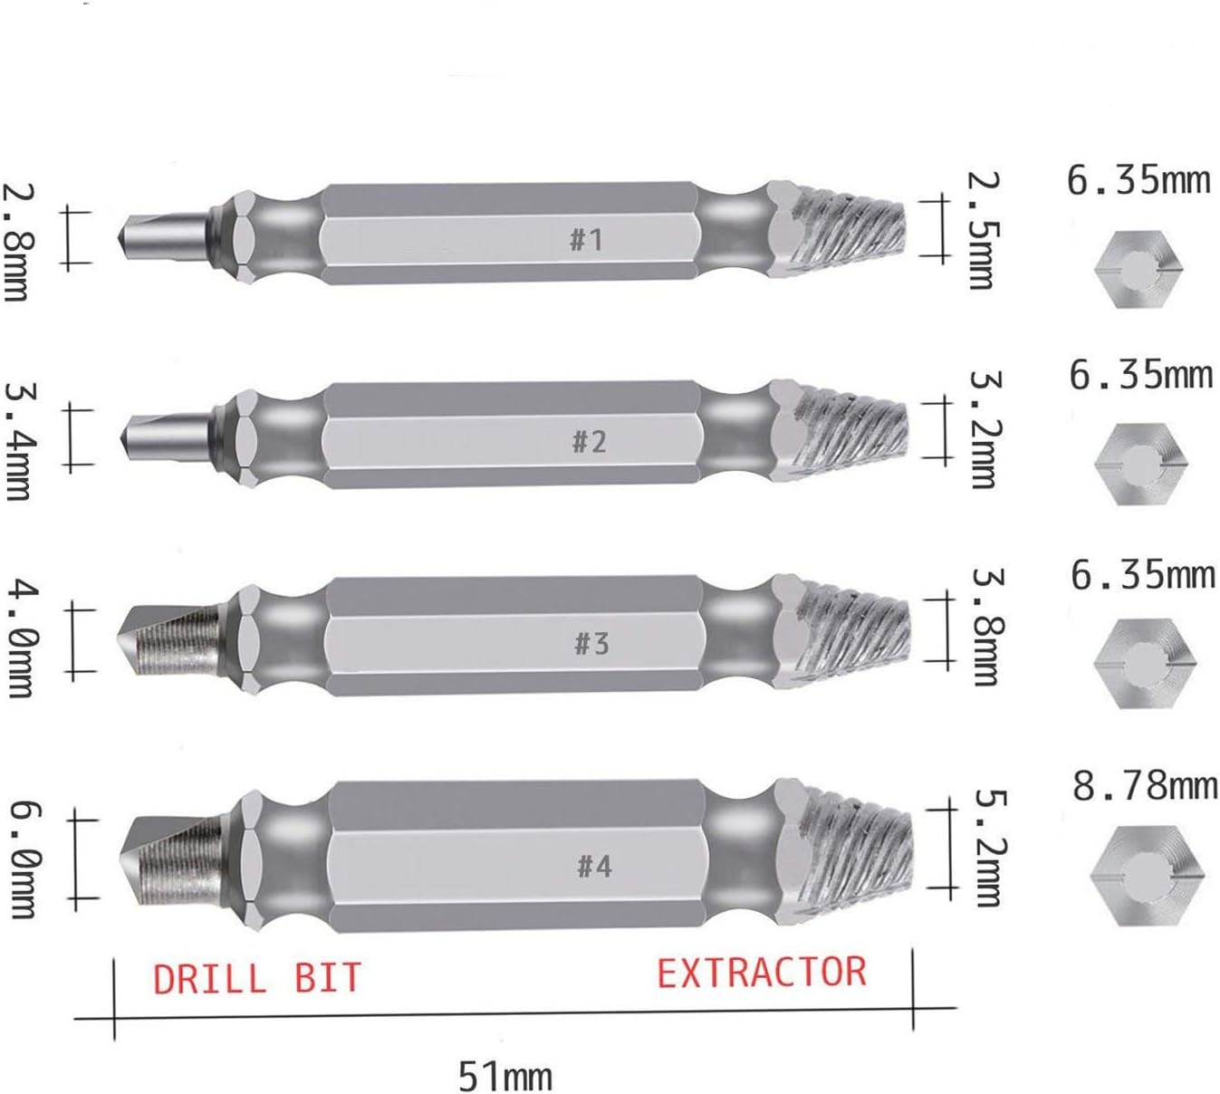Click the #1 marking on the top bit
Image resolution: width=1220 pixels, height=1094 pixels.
[586, 239]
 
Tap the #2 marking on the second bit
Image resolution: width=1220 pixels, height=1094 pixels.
[589, 441]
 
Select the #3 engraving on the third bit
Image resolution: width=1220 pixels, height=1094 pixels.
[591, 643]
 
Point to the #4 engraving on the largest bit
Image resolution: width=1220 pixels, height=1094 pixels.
[594, 866]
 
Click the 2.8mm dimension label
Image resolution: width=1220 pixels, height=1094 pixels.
[18, 242]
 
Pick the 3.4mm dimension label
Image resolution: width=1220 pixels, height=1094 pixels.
[19, 440]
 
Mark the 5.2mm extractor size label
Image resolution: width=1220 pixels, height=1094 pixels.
[988, 848]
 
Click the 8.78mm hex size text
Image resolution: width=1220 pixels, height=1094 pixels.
[1145, 784]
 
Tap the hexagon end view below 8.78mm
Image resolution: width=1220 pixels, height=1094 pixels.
[1147, 875]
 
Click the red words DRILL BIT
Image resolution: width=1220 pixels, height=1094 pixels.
[256, 979]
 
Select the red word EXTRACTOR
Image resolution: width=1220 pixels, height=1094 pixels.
[761, 973]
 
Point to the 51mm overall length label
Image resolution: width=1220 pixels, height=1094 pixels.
[504, 1076]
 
